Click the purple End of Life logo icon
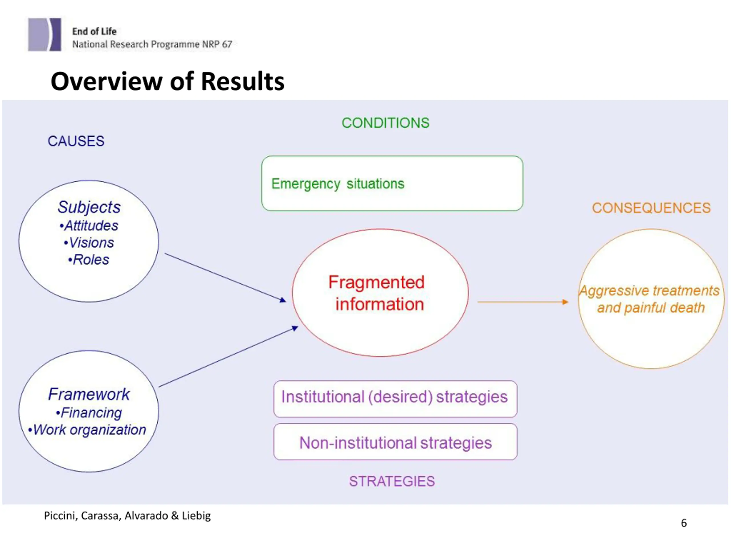click(45, 34)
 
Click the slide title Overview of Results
click(168, 81)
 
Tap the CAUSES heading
click(76, 141)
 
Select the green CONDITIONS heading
click(385, 123)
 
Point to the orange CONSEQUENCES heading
click(651, 208)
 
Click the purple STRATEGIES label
click(392, 481)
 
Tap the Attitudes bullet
click(89, 225)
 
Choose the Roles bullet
click(89, 260)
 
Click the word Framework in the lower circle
click(89, 394)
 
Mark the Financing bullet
click(89, 413)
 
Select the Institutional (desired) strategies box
click(395, 399)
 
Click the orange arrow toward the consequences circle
click(523, 302)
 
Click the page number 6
click(684, 523)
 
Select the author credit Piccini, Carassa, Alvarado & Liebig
click(127, 516)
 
